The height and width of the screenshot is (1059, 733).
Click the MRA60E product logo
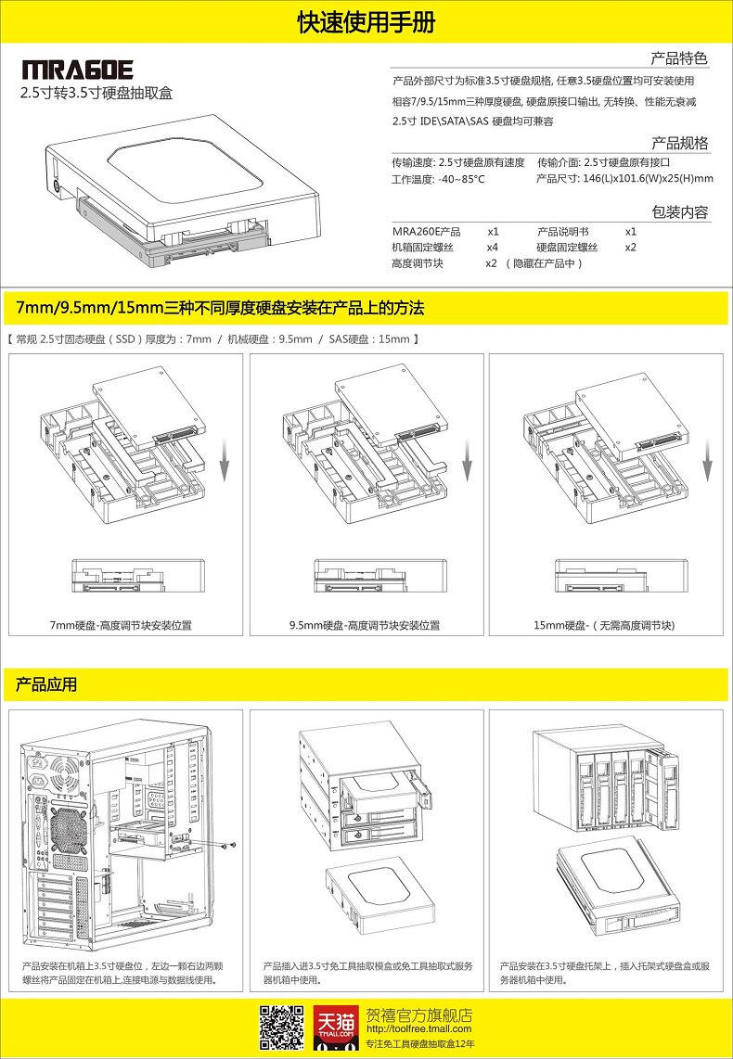point(78,70)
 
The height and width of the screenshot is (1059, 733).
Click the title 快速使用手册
point(366,22)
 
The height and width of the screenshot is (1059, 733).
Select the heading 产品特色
point(680,57)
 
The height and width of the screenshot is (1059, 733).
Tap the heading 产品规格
point(680,143)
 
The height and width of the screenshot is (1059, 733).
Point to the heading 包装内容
point(680,212)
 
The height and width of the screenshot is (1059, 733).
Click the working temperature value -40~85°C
point(461,179)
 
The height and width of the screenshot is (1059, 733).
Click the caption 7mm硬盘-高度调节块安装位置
point(121,625)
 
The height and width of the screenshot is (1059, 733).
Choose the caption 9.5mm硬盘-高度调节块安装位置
point(365,625)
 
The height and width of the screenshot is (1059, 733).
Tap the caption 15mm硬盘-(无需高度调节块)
point(604,625)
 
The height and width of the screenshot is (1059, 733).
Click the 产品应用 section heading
point(46,685)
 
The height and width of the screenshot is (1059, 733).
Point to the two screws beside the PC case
point(229,845)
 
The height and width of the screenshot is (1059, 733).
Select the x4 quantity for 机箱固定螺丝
point(493,248)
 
